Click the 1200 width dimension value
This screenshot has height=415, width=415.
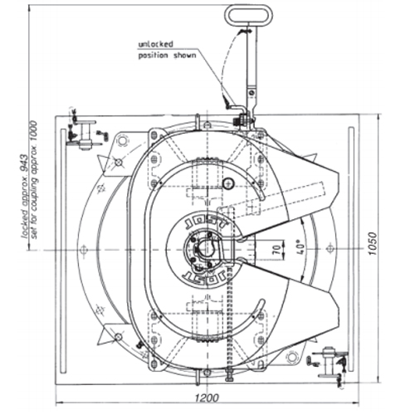207,398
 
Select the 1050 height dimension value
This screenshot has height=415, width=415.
373,244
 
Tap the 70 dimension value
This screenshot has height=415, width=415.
278,250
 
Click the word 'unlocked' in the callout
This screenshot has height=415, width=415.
156,44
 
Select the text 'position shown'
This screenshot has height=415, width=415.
167,56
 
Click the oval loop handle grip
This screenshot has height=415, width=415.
248,15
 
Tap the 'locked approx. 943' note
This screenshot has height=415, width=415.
25,197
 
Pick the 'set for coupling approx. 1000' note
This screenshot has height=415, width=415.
34,180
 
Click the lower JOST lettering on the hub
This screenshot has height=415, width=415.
204,277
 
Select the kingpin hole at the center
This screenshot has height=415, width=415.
206,247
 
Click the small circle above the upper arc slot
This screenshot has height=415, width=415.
228,183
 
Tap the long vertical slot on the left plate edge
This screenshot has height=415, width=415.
64,251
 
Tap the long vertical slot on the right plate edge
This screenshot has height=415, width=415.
351,249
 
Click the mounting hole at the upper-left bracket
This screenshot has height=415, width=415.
122,140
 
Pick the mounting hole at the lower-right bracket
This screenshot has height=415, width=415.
292,357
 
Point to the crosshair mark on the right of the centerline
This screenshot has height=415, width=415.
330,249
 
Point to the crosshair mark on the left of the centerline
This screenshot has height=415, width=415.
83,250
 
